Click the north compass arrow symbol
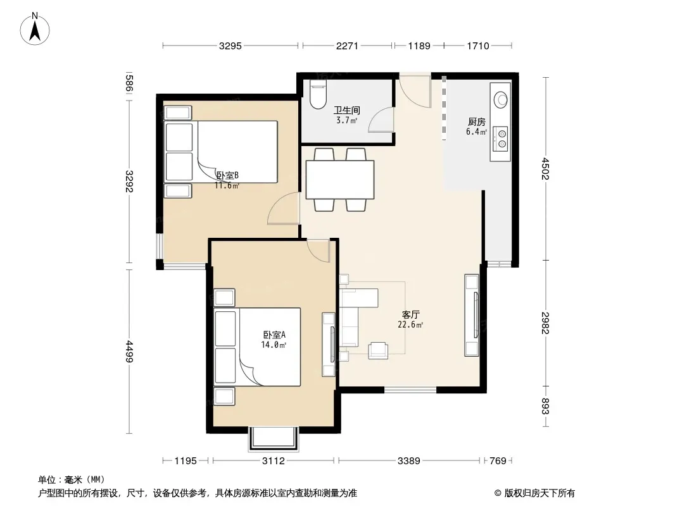[35, 29]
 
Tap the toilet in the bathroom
[319, 94]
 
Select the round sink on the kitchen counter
[501, 99]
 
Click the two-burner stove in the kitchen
[501, 139]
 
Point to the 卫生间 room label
[346, 111]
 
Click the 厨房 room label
[477, 121]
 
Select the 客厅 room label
[410, 314]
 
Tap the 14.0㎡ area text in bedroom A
[274, 345]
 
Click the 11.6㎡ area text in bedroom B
[227, 186]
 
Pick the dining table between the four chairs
[340, 180]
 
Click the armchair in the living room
[378, 350]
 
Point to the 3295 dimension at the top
[230, 46]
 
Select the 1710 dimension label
[478, 46]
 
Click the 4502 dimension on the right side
[546, 168]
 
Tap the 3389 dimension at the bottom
[408, 461]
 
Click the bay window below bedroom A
[274, 439]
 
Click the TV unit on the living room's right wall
[472, 315]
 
